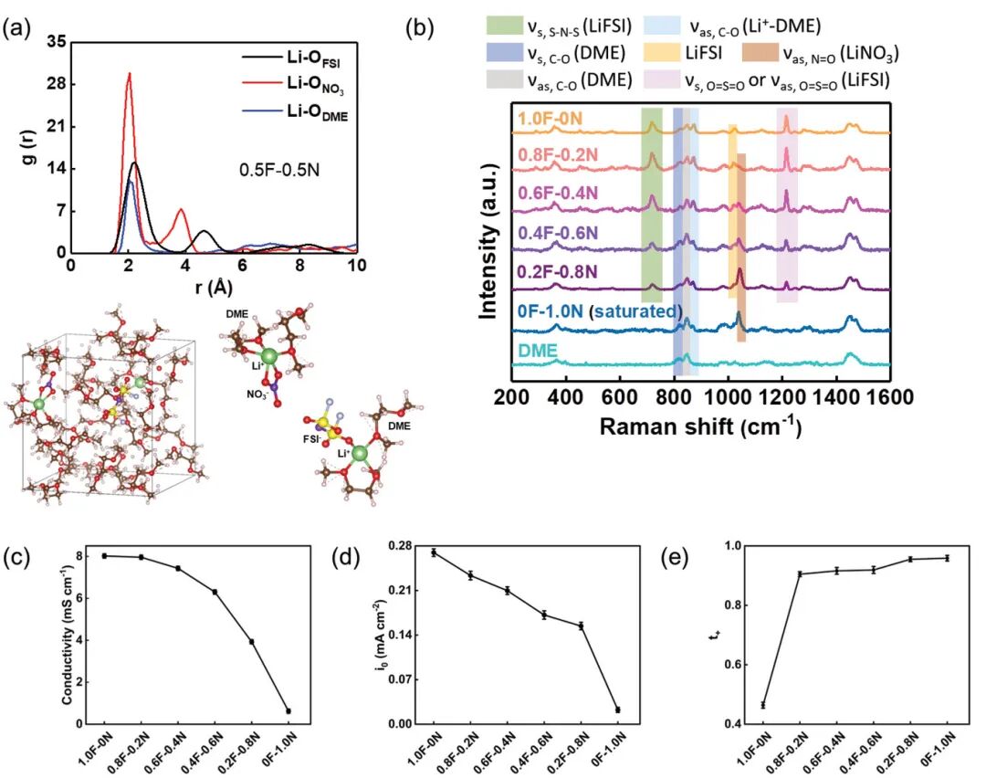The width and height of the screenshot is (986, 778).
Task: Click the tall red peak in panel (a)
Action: (x=130, y=75)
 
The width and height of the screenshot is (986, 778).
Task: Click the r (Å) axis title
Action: (x=214, y=288)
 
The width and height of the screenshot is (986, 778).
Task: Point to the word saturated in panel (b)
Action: (x=638, y=312)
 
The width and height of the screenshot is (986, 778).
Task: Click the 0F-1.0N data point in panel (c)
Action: (x=288, y=710)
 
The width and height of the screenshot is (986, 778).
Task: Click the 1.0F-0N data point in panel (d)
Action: (x=434, y=552)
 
